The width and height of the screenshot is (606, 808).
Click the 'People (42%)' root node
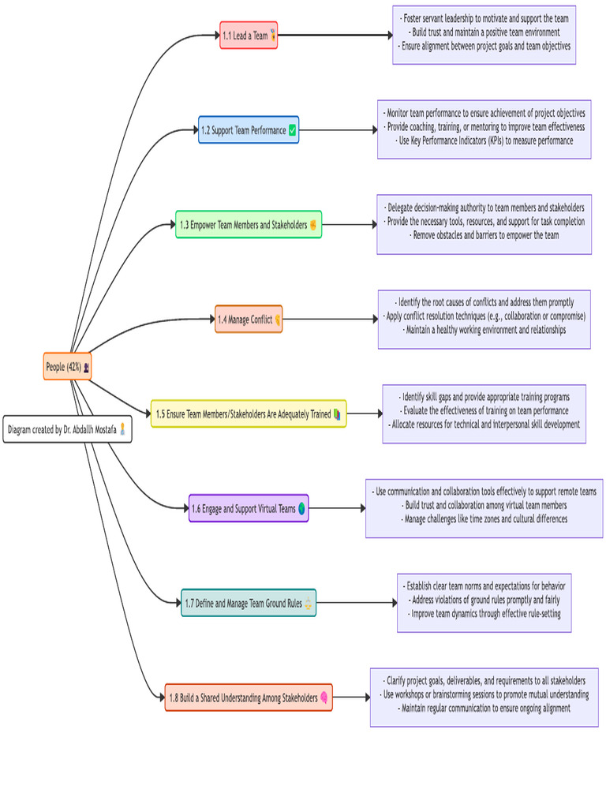[x=68, y=366]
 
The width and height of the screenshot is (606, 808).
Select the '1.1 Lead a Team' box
[x=249, y=36]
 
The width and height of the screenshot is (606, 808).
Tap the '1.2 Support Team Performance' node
[x=249, y=130]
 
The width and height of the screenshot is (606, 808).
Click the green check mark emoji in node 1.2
[x=293, y=130]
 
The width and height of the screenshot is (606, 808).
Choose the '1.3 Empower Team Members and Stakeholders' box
[x=249, y=225]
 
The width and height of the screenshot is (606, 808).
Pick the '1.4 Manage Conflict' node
[x=249, y=320]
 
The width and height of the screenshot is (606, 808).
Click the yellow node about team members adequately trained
[x=249, y=413]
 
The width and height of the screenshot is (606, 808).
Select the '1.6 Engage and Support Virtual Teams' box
[x=249, y=508]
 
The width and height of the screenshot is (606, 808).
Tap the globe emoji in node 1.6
[x=301, y=509]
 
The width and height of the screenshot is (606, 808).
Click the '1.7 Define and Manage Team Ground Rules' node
[x=249, y=603]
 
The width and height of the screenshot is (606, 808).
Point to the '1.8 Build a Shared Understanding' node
[x=249, y=698]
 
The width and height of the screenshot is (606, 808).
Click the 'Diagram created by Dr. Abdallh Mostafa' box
[x=68, y=429]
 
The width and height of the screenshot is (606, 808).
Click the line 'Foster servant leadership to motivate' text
[x=484, y=18]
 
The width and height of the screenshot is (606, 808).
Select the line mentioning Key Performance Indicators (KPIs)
[x=484, y=140]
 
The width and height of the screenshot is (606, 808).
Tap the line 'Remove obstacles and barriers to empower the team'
[x=484, y=235]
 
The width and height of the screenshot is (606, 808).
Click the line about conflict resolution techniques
[x=484, y=316]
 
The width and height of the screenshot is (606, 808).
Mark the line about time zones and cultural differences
[x=484, y=519]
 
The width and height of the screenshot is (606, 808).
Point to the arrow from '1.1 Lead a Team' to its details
[x=335, y=36]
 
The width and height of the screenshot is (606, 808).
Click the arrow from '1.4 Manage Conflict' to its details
[x=330, y=320]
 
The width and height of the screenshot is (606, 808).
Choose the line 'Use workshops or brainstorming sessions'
[x=484, y=694]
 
